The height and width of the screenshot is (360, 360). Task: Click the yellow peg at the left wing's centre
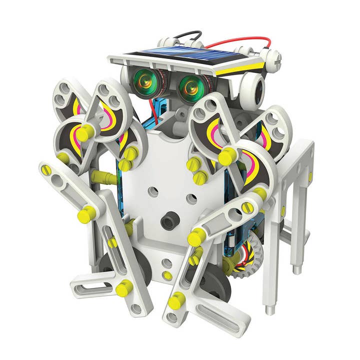(85, 133)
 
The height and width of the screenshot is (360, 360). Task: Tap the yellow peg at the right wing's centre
(227, 157)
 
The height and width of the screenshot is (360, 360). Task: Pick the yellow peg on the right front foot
(176, 300)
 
